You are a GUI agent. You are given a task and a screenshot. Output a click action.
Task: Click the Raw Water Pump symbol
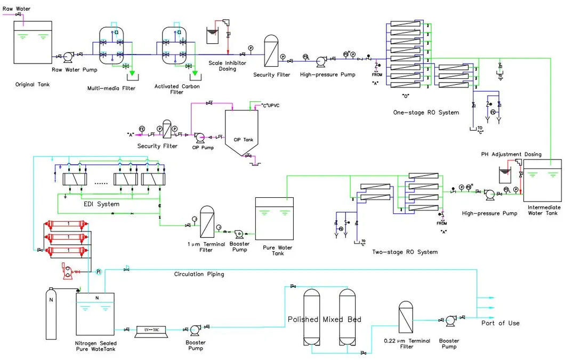click(x=69, y=56)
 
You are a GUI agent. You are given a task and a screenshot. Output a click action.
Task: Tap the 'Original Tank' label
click(x=33, y=84)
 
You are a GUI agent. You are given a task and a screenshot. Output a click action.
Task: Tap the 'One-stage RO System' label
click(x=426, y=113)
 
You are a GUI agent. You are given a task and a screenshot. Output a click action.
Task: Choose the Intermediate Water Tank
click(x=543, y=181)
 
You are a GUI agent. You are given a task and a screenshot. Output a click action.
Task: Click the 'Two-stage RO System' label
click(x=405, y=252)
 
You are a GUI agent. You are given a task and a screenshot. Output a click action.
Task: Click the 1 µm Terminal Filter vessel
click(x=207, y=222)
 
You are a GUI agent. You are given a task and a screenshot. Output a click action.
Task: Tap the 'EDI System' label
click(x=101, y=204)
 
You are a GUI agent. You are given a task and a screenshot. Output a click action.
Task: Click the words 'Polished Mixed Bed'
click(x=324, y=319)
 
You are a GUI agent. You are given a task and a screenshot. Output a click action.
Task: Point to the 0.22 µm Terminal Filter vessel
click(x=406, y=318)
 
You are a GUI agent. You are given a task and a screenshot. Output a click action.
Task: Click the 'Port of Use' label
click(x=500, y=323)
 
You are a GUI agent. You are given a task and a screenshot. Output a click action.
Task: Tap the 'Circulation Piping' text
click(x=199, y=274)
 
